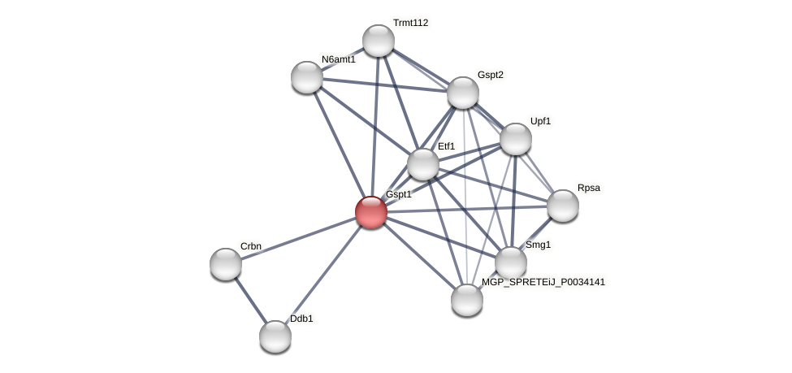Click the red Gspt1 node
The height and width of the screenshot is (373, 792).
pyautogui.click(x=371, y=212)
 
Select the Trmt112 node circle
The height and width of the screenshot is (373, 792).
pyautogui.click(x=379, y=41)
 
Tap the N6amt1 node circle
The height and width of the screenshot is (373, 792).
pyautogui.click(x=307, y=77)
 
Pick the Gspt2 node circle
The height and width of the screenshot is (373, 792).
pyautogui.click(x=463, y=93)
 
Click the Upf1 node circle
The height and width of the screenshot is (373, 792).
pyautogui.click(x=516, y=139)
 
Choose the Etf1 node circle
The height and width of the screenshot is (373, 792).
pyautogui.click(x=423, y=164)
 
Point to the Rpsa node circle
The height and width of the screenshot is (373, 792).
pyautogui.click(x=563, y=206)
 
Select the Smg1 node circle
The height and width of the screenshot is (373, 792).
pyautogui.click(x=511, y=262)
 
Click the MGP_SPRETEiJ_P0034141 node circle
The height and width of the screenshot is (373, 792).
pyautogui.click(x=467, y=300)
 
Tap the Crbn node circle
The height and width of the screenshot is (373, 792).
pyautogui.click(x=226, y=264)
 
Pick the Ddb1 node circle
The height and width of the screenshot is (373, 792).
pyautogui.click(x=275, y=336)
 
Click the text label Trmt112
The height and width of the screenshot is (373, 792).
pyautogui.click(x=410, y=23)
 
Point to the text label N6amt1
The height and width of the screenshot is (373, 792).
pyautogui.click(x=338, y=59)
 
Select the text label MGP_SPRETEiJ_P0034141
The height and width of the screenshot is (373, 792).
pyautogui.click(x=543, y=282)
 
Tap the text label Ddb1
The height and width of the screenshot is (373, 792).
pyautogui.click(x=301, y=319)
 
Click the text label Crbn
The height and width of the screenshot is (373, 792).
pyautogui.click(x=251, y=246)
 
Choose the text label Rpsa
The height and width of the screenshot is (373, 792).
pyautogui.click(x=589, y=188)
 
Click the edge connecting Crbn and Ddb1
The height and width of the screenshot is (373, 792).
pyautogui.click(x=250, y=300)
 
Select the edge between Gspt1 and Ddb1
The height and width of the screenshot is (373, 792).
pyautogui.click(x=323, y=275)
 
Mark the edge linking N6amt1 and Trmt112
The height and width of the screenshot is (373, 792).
pyautogui.click(x=343, y=59)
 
